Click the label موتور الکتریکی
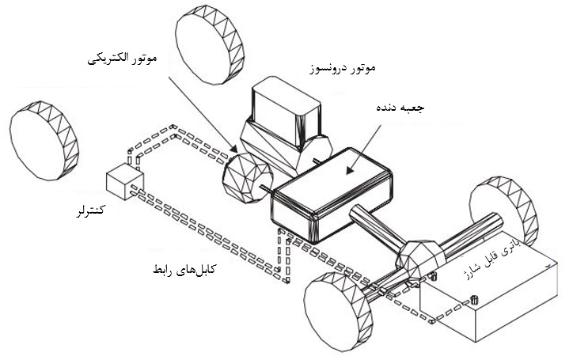[x=124, y=59]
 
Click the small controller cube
[x=123, y=180]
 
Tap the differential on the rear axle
[x=418, y=258]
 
